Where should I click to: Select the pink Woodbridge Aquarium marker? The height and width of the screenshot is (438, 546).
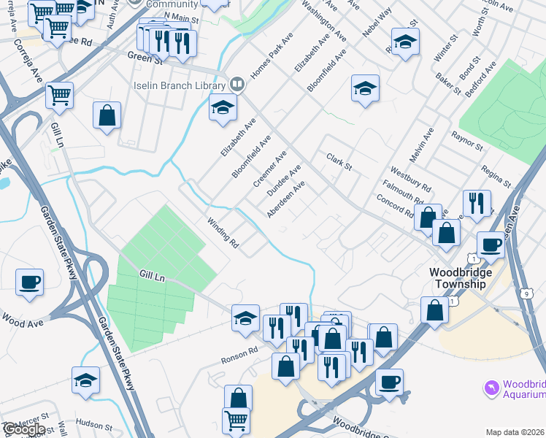pyautogui.click(x=491, y=386)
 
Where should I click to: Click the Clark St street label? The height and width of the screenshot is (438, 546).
pyautogui.click(x=339, y=161)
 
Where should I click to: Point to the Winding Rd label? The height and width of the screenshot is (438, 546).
pyautogui.click(x=223, y=231)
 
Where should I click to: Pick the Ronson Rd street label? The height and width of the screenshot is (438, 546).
pyautogui.click(x=240, y=355)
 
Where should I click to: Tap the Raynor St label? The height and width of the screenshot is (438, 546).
pyautogui.click(x=467, y=141)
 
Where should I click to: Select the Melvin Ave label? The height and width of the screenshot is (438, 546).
pyautogui.click(x=422, y=145)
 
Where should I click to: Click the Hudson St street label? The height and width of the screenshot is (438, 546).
pyautogui.click(x=92, y=423)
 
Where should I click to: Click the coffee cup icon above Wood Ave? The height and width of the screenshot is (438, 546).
pyautogui.click(x=30, y=282)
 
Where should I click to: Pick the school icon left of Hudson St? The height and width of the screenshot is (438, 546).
pyautogui.click(x=85, y=380)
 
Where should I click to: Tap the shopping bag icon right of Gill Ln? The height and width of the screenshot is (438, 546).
pyautogui.click(x=107, y=116)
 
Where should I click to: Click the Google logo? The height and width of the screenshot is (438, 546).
pyautogui.click(x=23, y=429)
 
